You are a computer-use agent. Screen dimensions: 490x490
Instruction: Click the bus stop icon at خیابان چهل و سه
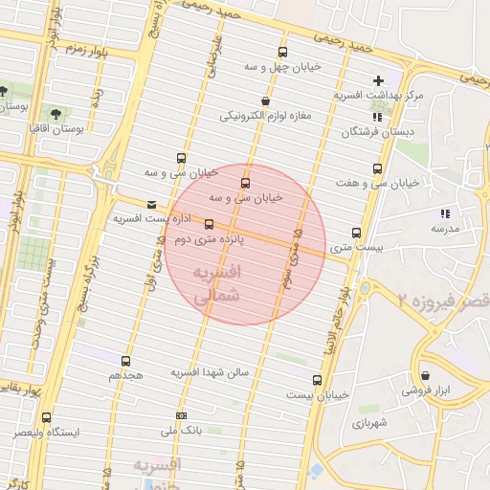click(281, 53)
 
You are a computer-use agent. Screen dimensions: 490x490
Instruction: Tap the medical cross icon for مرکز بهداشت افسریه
click(378, 80)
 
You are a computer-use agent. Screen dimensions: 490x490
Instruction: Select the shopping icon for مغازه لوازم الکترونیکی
click(264, 100)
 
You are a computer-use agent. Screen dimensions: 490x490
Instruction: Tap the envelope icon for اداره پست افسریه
click(151, 204)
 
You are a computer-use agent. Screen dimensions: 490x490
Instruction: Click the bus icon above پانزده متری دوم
click(210, 225)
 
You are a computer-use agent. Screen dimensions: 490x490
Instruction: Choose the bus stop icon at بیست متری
click(357, 233)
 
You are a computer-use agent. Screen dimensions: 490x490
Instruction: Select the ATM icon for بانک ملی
click(182, 416)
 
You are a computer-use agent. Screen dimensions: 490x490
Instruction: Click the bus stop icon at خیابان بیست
click(318, 380)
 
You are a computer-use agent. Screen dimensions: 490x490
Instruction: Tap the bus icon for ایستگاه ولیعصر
click(46, 417)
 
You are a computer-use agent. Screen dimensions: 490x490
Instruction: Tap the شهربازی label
click(369, 422)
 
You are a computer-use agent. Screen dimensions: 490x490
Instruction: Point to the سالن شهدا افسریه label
click(210, 371)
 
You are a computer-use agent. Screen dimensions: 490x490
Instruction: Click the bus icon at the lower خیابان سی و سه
click(246, 182)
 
